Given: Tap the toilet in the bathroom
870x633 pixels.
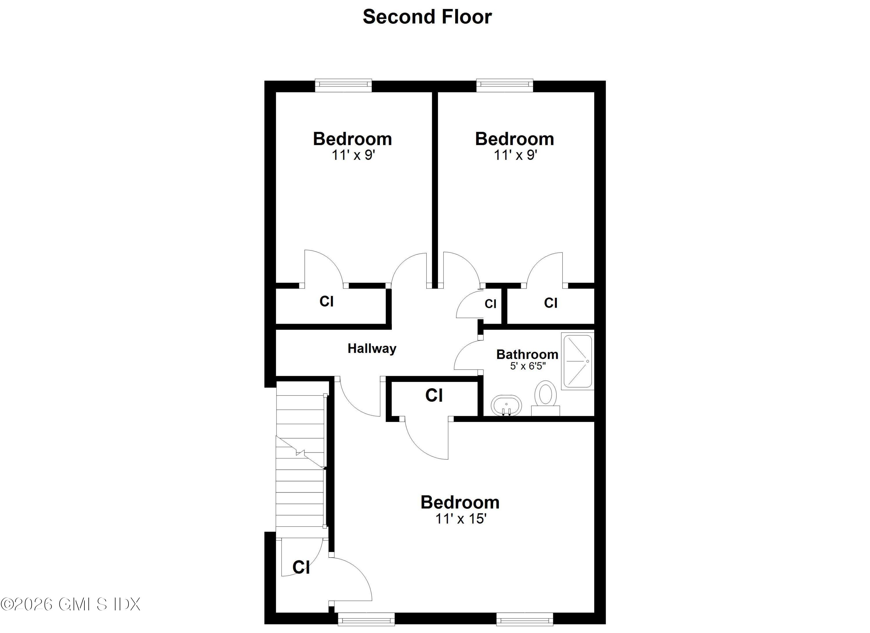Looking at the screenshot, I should coord(545,397).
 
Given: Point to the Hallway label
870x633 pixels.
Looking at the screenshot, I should coord(372,349).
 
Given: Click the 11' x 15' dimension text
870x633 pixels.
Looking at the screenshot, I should coord(461,519).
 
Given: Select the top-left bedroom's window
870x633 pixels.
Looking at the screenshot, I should coord(343,85).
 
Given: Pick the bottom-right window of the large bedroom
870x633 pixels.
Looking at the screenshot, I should coord(524,619).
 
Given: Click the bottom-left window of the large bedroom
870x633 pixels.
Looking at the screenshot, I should coord(366,619).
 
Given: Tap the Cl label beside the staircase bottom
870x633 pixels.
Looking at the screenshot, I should coord(301,567).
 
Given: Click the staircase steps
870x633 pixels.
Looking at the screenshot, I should coord(300,461).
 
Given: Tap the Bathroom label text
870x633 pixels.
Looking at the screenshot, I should coord(527,354).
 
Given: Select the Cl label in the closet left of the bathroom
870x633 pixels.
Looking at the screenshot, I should coord(434,395).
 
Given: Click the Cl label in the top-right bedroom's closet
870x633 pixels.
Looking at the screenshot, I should coord(550,303).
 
